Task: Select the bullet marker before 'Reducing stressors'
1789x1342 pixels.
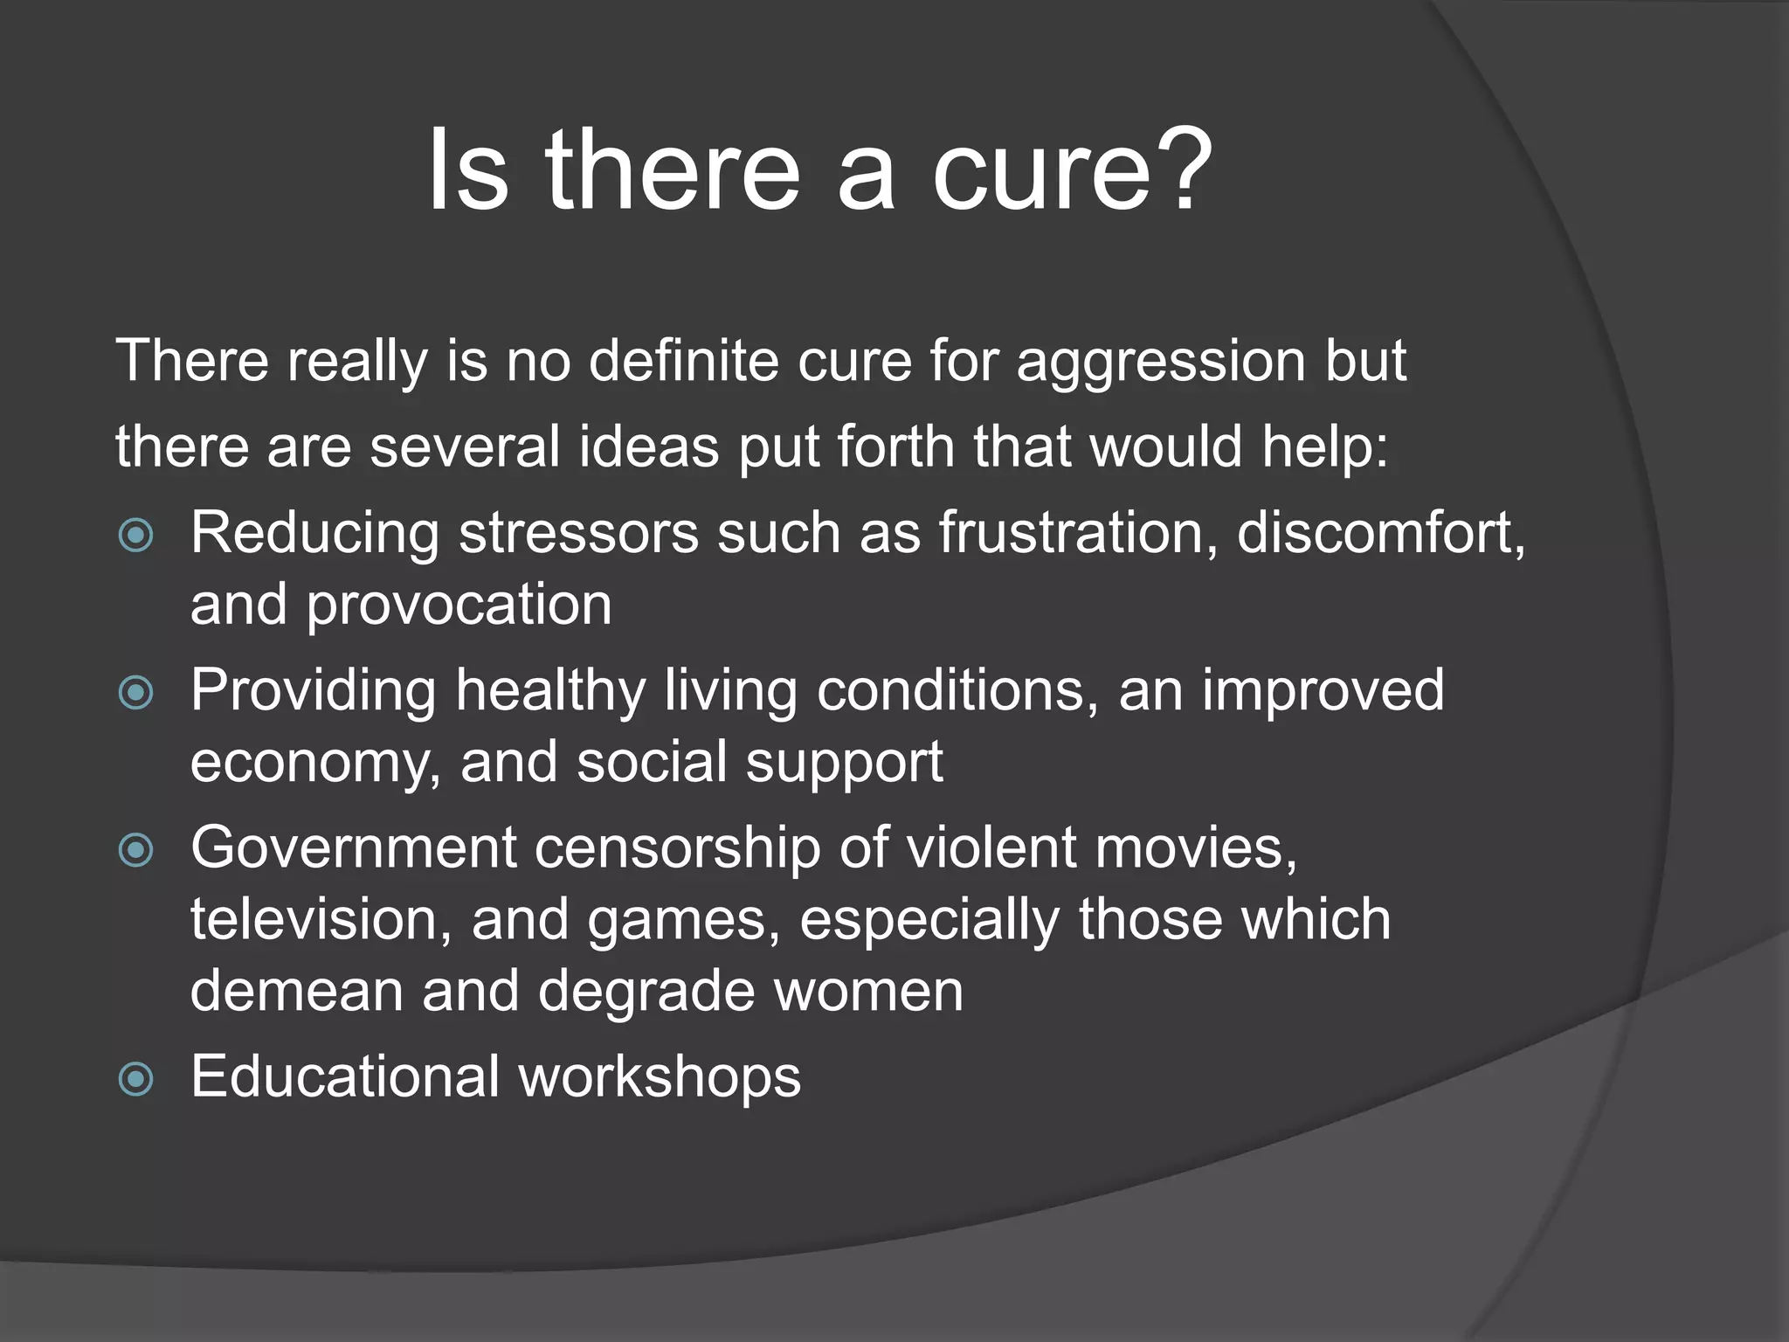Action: coord(135,535)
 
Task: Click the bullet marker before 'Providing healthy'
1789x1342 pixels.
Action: coord(135,693)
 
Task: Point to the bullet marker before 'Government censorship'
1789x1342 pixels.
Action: coord(135,850)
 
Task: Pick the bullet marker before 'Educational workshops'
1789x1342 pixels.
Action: coord(135,1079)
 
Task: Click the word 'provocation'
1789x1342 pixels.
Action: coord(459,605)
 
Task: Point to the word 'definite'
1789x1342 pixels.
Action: coord(683,361)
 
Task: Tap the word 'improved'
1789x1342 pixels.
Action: coord(1323,692)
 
